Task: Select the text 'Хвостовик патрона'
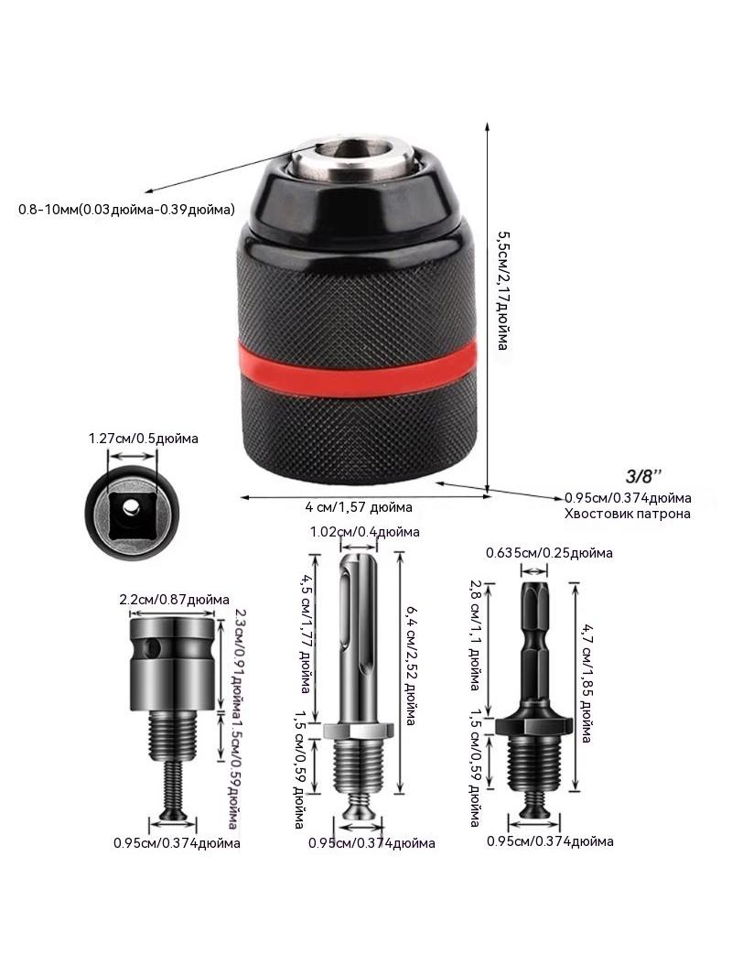pyautogui.click(x=628, y=515)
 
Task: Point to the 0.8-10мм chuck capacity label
pyautogui.click(x=127, y=210)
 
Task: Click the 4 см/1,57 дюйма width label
pyautogui.click(x=359, y=507)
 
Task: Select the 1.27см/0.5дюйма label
pyautogui.click(x=144, y=439)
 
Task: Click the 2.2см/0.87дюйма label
pyautogui.click(x=174, y=600)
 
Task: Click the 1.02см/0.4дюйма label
pyautogui.click(x=365, y=532)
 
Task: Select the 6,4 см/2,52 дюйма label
pyautogui.click(x=411, y=666)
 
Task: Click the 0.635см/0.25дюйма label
pyautogui.click(x=549, y=553)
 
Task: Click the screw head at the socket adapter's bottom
pyautogui.click(x=174, y=814)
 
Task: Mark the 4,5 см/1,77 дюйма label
pyautogui.click(x=306, y=633)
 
